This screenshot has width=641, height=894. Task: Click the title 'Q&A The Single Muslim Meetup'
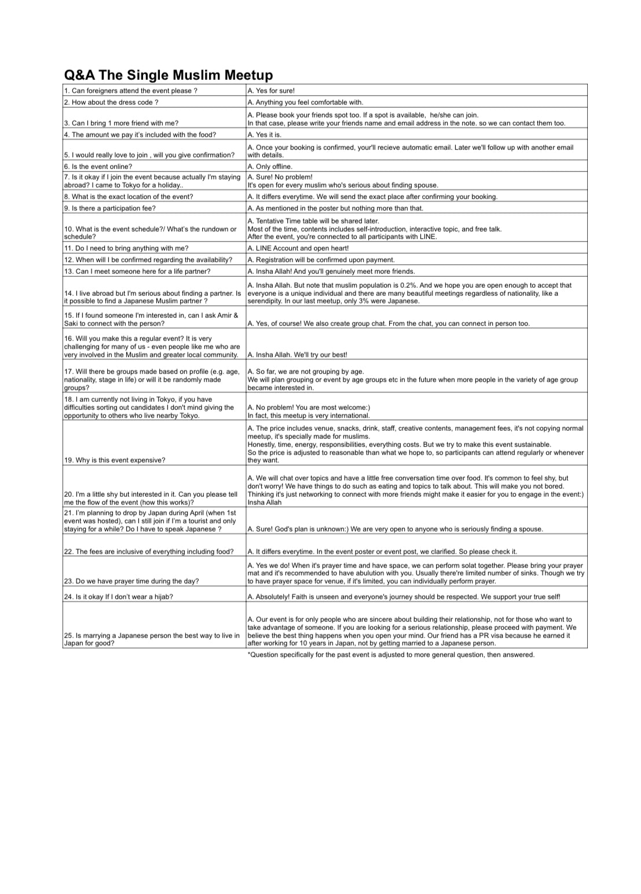(168, 75)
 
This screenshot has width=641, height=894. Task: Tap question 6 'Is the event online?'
(98, 167)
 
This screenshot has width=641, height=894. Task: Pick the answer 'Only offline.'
(270, 167)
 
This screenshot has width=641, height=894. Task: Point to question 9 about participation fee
(110, 208)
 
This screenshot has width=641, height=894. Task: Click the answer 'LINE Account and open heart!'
(298, 248)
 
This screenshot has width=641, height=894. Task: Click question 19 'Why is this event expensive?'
(115, 460)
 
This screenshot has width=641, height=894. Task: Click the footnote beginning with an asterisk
(391, 655)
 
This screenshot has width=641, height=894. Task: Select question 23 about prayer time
(131, 581)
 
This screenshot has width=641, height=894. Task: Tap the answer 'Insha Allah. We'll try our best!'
(297, 355)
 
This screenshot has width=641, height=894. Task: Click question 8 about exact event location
(129, 197)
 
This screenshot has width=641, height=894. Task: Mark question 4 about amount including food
(140, 135)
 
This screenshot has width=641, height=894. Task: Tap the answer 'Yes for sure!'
(271, 91)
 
